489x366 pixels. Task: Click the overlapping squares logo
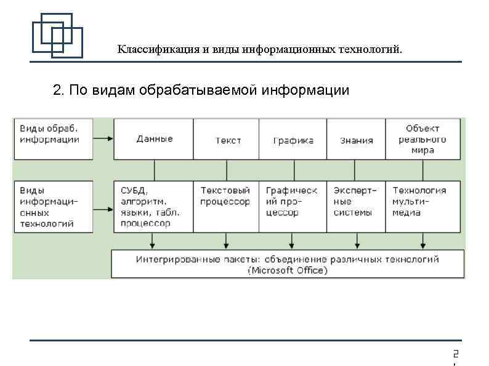[57, 34]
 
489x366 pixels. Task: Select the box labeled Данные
[155, 139]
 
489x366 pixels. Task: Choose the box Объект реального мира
[422, 139]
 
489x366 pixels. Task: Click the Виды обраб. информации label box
[53, 139]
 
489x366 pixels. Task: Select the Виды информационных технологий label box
[53, 207]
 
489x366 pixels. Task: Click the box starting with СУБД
[154, 207]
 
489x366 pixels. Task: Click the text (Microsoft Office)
[287, 270]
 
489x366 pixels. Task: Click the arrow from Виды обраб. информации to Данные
[103, 139]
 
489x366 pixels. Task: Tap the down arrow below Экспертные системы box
[355, 240]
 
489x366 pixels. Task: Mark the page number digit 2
[455, 354]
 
